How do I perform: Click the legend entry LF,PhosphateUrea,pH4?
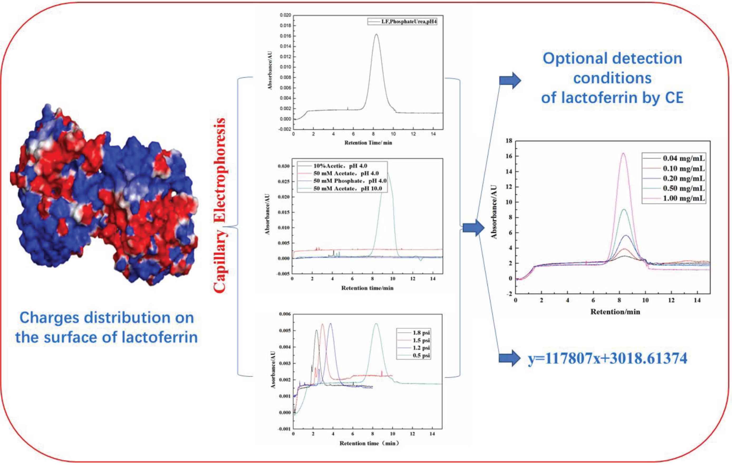pos(403,22)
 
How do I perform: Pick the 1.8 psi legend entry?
pos(413,333)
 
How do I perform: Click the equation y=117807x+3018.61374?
pos(608,358)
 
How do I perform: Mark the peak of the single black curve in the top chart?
pos(376,34)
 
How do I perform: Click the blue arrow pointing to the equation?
pos(510,358)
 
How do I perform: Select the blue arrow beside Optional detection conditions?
pos(510,81)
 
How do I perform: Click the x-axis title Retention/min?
pos(615,312)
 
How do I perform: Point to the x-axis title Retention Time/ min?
pos(368,143)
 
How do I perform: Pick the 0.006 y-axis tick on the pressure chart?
pos(285,314)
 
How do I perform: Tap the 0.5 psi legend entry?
pos(413,356)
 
